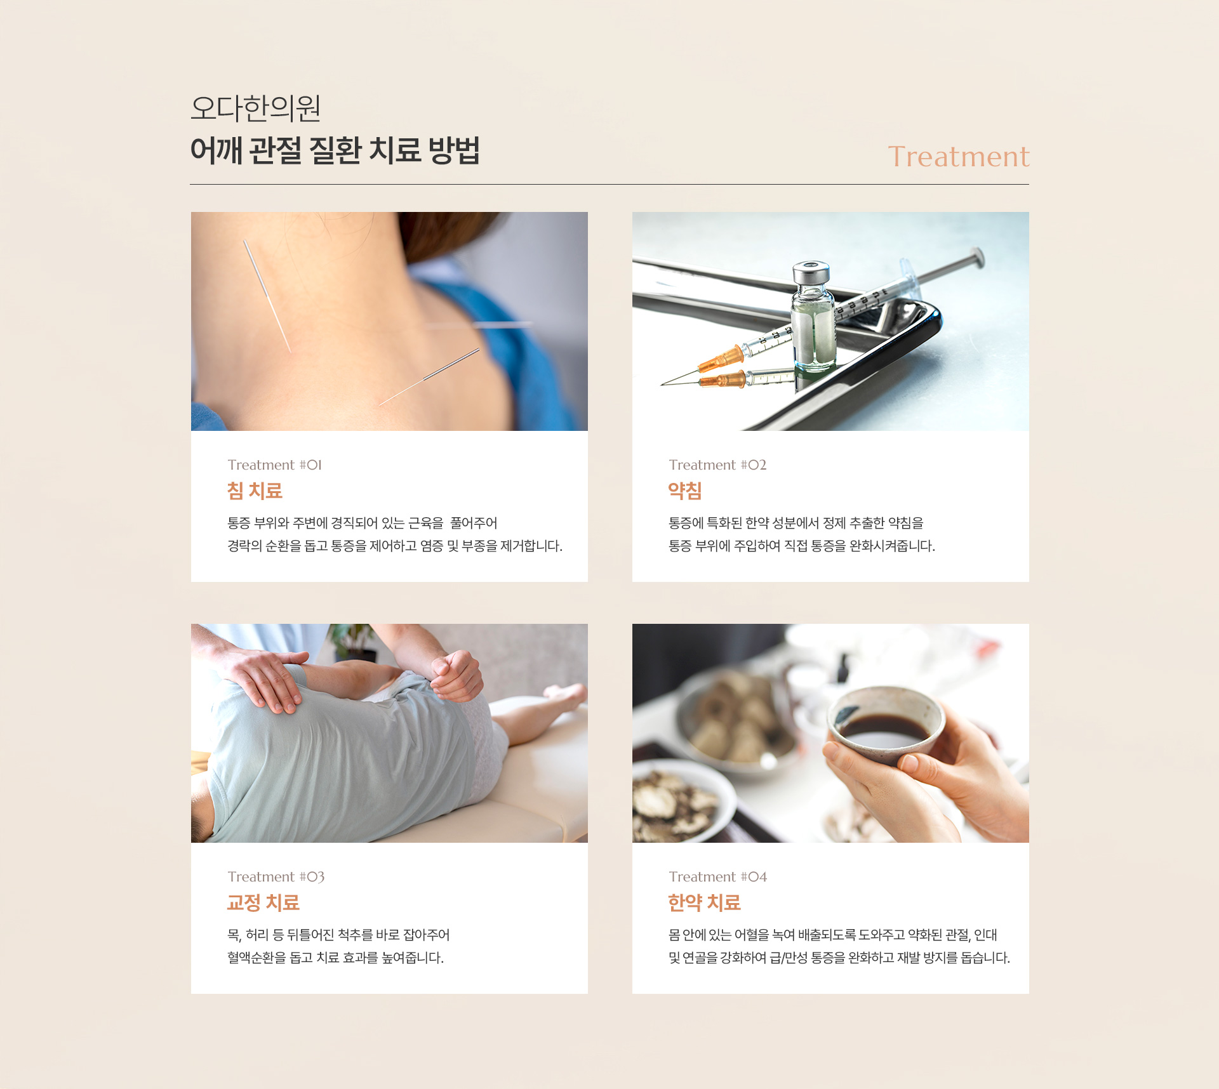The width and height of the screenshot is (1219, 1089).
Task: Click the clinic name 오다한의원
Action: (x=255, y=108)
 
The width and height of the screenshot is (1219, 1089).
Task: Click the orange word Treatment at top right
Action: (x=957, y=157)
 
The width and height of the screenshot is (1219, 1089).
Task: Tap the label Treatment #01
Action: (x=274, y=465)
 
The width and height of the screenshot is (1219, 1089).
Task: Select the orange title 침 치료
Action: (x=255, y=491)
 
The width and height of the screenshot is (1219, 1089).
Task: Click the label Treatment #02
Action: (x=717, y=465)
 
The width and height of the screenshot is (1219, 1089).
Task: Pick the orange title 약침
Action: (x=684, y=491)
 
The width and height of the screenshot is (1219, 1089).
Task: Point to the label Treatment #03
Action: (x=276, y=877)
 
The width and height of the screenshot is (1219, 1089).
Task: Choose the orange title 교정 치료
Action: (x=263, y=902)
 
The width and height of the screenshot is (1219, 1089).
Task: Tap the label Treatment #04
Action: (x=717, y=877)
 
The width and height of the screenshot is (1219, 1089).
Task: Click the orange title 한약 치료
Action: (x=704, y=902)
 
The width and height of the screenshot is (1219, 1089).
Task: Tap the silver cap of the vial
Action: (x=811, y=274)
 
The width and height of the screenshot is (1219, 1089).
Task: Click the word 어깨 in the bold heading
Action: (x=216, y=151)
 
